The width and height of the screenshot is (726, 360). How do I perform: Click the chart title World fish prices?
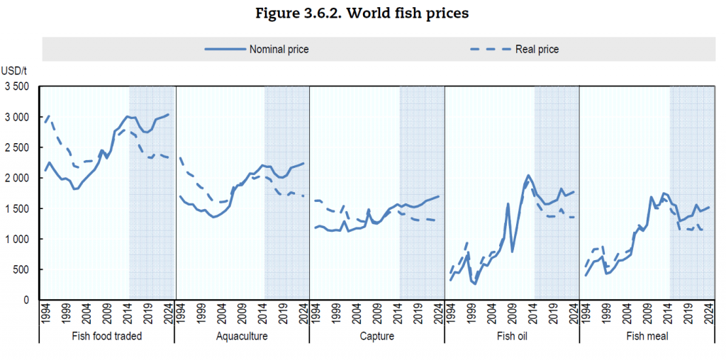click(x=362, y=14)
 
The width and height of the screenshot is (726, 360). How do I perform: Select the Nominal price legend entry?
click(x=257, y=49)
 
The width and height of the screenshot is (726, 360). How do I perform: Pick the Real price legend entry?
click(x=513, y=49)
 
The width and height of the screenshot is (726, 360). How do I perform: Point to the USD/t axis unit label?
click(x=14, y=71)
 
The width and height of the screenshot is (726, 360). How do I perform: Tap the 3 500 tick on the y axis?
click(x=16, y=86)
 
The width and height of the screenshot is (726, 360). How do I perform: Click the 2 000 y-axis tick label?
click(x=16, y=178)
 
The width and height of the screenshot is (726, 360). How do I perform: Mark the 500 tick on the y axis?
click(x=22, y=269)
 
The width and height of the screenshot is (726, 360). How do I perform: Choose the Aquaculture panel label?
click(x=242, y=336)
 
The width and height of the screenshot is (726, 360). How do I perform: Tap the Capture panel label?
click(x=377, y=336)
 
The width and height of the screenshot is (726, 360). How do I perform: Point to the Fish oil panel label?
click(x=512, y=336)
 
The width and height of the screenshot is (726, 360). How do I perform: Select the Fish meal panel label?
click(x=647, y=336)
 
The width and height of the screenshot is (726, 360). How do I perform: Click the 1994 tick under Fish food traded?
click(x=45, y=314)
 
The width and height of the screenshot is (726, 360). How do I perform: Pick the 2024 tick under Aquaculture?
click(x=303, y=314)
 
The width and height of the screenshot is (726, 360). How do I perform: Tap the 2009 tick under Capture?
click(x=376, y=314)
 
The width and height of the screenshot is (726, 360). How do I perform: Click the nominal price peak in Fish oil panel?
click(x=528, y=175)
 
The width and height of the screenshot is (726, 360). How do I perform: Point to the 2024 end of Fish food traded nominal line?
click(x=168, y=114)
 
